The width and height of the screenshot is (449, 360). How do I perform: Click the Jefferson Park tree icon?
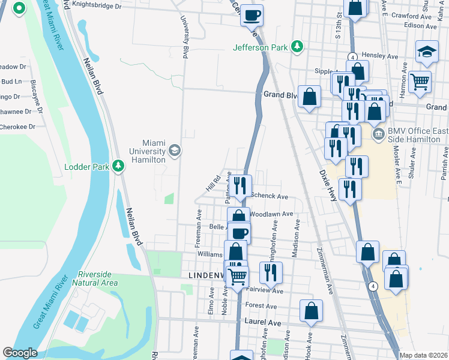point(296,46)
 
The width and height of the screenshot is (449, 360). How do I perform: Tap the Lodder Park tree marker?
point(119,165)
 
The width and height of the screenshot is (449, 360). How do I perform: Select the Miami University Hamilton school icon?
point(174,149)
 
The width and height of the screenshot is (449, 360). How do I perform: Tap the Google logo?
point(20,353)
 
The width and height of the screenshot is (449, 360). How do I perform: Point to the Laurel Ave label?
point(263,323)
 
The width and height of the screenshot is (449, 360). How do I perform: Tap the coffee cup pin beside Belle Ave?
point(239,232)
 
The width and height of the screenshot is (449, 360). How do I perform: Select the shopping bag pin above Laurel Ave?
point(311,310)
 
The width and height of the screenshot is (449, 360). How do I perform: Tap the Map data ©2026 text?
point(423,355)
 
